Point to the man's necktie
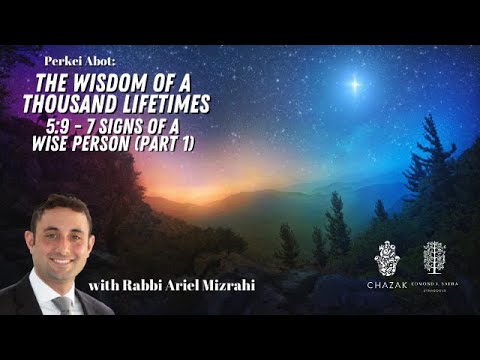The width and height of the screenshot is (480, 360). click(x=62, y=305)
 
